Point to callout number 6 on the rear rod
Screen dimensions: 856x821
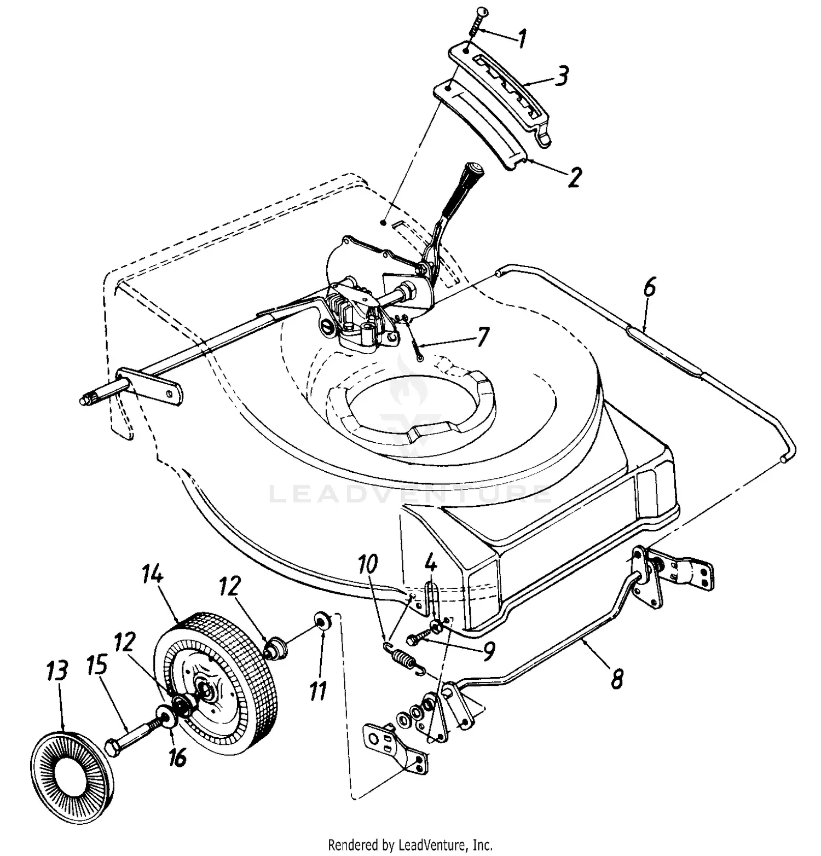coord(649,288)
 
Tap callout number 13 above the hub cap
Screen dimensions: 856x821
coord(57,670)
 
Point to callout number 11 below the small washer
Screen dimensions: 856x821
coord(317,691)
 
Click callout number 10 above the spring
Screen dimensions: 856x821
coord(368,564)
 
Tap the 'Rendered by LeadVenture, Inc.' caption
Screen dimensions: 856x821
coord(410,845)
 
